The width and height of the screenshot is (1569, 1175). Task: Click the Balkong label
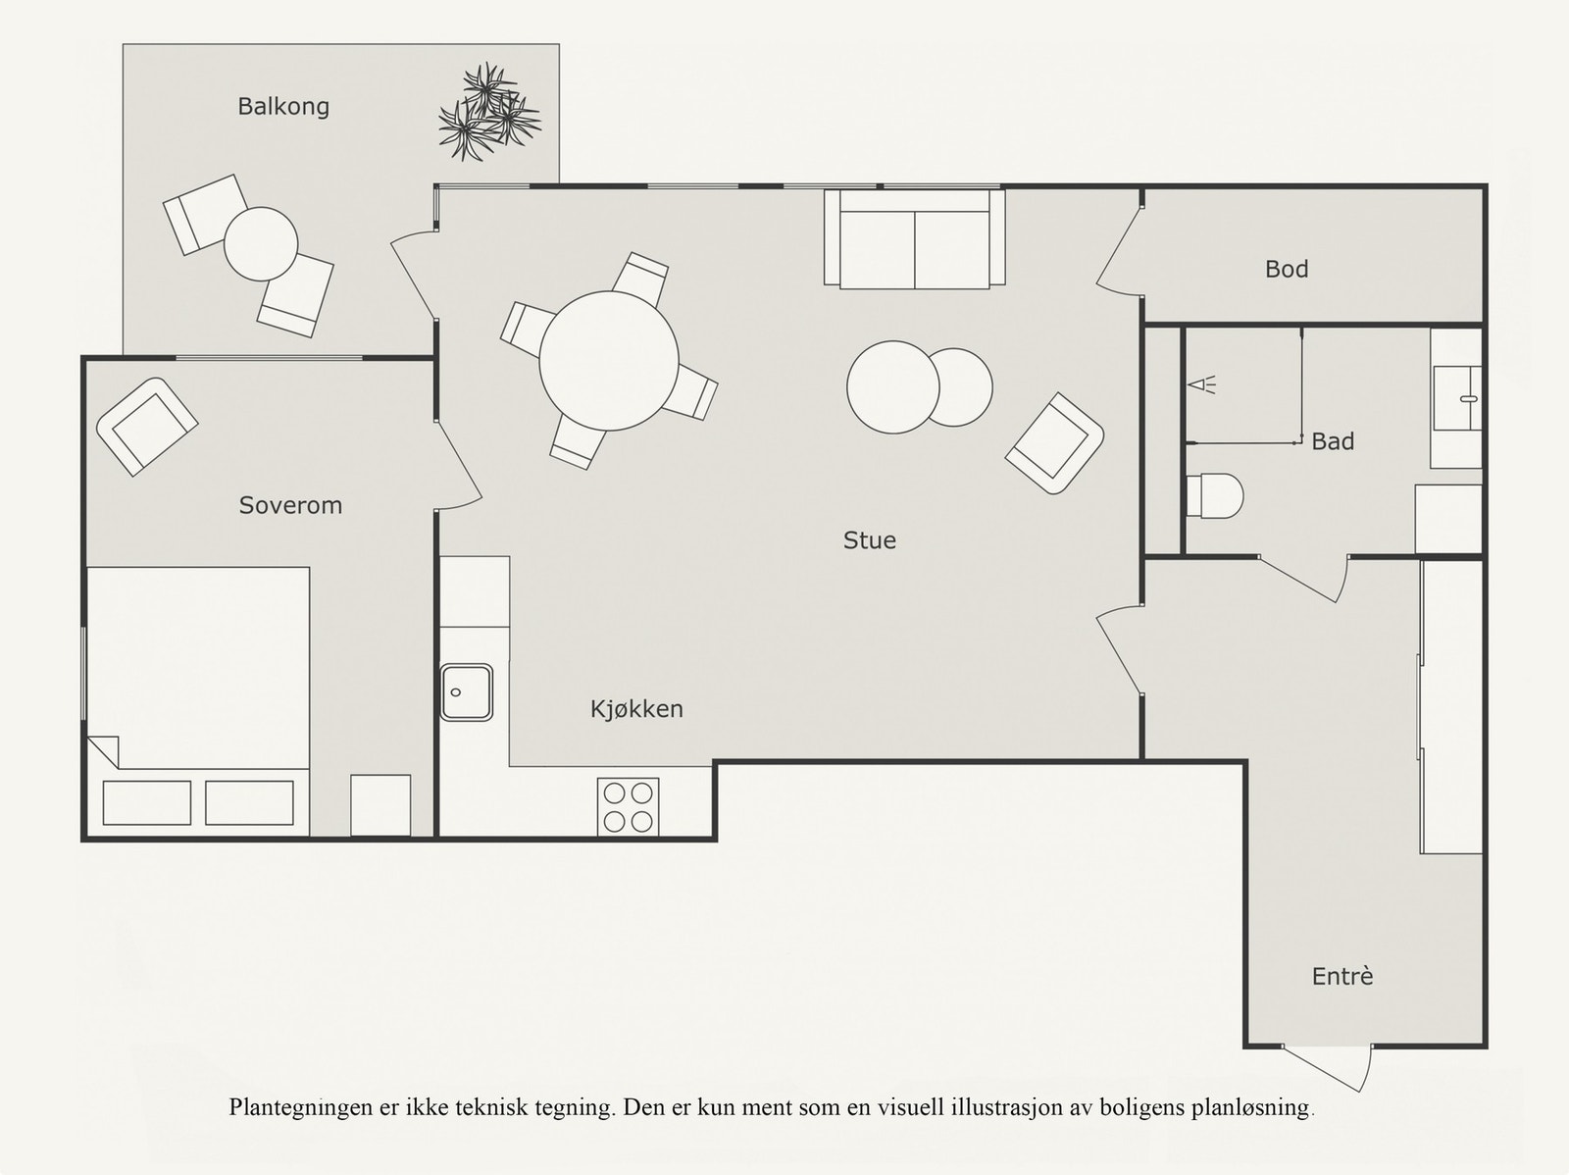coord(283,107)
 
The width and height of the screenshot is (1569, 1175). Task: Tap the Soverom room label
coord(290,505)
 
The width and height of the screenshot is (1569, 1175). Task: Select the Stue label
coord(869,540)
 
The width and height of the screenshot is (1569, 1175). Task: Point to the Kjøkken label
coord(636,709)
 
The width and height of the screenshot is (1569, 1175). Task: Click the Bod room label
coord(1287,270)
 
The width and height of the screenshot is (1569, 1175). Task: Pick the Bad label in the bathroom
coord(1333,441)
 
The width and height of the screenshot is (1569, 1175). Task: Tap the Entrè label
coord(1342,976)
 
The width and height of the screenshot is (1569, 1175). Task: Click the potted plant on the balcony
coord(489,112)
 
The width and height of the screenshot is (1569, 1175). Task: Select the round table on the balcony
coord(261,243)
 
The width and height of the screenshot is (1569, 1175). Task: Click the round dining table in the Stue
coord(609,361)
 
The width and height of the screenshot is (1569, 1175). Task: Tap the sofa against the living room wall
coord(915,238)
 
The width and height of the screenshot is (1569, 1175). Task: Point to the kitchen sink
coord(466,692)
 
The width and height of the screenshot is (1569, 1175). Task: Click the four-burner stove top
coord(629,806)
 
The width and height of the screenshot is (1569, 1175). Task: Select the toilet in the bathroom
coord(1214,495)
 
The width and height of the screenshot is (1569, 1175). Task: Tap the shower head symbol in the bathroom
coord(1201,385)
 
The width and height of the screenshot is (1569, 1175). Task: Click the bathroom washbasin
coord(1457,399)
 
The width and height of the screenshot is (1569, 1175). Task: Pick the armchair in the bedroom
coord(147,427)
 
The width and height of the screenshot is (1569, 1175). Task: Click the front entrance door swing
coord(1328,1068)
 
